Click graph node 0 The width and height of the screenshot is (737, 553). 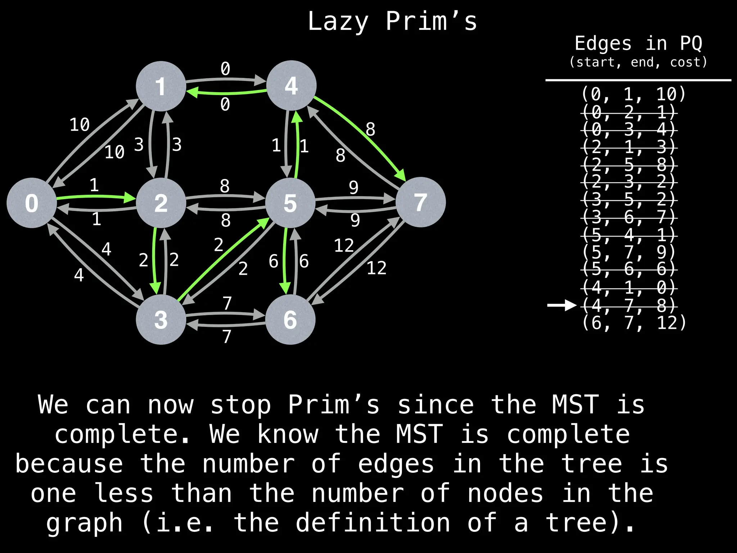[32, 203]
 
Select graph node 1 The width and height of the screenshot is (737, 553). [161, 86]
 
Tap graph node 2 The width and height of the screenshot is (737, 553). [161, 203]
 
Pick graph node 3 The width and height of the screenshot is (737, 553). [161, 319]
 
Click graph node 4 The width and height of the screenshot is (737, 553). [291, 85]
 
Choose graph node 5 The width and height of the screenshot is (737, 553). [290, 203]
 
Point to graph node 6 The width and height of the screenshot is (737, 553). [290, 319]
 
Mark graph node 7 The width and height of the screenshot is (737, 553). [420, 202]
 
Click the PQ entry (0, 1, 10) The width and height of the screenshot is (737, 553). [634, 94]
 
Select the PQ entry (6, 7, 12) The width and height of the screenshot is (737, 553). [634, 323]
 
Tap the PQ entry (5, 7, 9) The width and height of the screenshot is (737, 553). [629, 252]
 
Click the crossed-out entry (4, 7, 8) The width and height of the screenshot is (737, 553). [629, 306]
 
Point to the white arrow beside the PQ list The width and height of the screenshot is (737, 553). [562, 305]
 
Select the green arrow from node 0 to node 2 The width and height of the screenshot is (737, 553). [96, 197]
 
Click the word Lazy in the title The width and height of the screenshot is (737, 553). [338, 22]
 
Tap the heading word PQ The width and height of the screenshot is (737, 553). [691, 44]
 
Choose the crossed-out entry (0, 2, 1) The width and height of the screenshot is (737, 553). [629, 112]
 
